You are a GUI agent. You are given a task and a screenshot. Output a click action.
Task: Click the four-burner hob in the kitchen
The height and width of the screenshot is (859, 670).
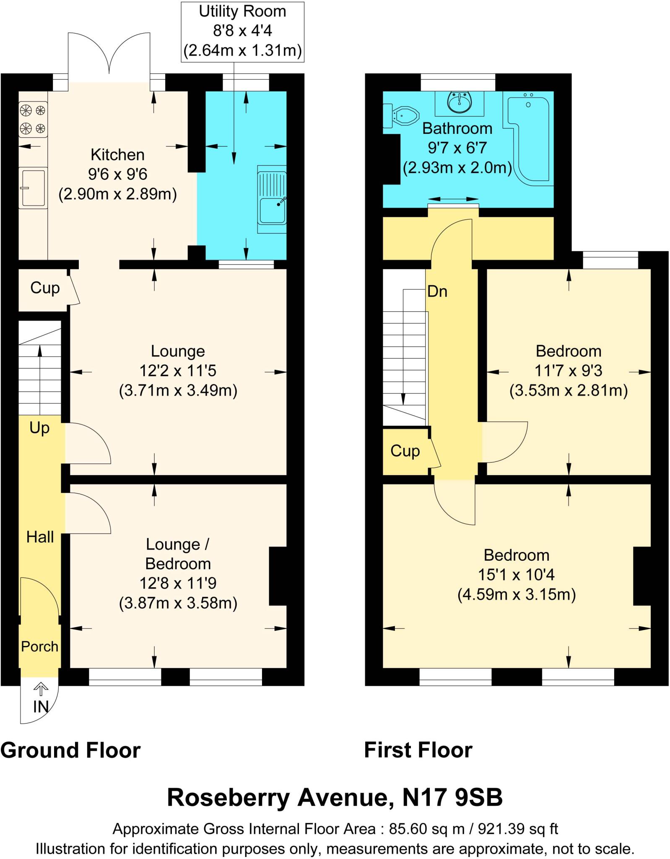coord(33,120)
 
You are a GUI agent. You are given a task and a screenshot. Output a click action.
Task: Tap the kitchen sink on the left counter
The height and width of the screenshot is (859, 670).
coord(33,187)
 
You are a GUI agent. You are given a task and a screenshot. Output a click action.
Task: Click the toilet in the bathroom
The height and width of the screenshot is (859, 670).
coord(403,115)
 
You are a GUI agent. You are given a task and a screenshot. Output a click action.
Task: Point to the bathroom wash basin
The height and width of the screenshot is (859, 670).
coord(460,102)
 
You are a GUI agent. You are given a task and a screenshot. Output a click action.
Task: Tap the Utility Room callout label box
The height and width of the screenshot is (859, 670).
coord(242,32)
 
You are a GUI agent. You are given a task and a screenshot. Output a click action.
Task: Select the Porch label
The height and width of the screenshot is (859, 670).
coord(40,646)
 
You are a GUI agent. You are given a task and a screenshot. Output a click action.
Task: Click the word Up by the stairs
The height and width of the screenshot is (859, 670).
coord(39,428)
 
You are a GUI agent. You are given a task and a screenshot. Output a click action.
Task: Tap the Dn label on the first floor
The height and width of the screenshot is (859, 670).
coord(437,292)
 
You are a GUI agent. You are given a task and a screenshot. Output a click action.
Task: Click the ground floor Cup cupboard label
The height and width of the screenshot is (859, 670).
coord(45,288)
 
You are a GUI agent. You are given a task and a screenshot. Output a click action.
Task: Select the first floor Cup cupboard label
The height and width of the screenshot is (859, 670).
coord(405,451)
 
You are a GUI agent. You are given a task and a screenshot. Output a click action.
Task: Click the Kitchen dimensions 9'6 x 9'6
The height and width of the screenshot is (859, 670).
coord(117,174)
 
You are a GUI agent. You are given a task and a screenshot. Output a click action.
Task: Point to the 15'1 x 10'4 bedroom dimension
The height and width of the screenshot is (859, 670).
coord(516,575)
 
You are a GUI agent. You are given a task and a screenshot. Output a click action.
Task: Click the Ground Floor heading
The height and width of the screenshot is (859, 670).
coord(70,750)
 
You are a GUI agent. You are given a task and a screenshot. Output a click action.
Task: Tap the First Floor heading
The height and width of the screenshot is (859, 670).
coord(418,750)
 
